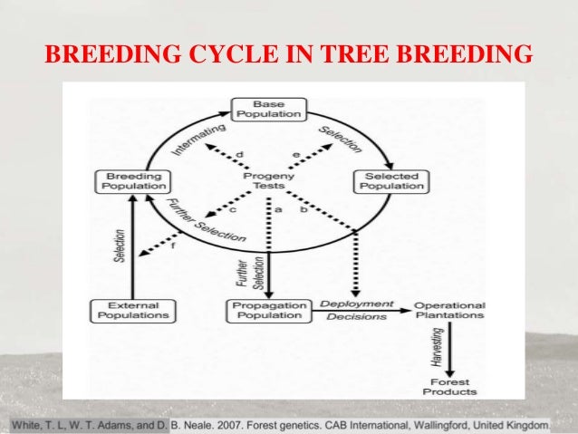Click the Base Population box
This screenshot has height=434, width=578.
click(x=268, y=110)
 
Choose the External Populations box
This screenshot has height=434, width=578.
click(x=132, y=311)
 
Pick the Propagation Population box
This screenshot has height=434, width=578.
click(x=268, y=311)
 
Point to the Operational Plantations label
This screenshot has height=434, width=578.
click(x=449, y=311)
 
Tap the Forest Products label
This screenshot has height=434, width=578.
click(x=449, y=387)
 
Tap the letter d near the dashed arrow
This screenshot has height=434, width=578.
click(x=240, y=155)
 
